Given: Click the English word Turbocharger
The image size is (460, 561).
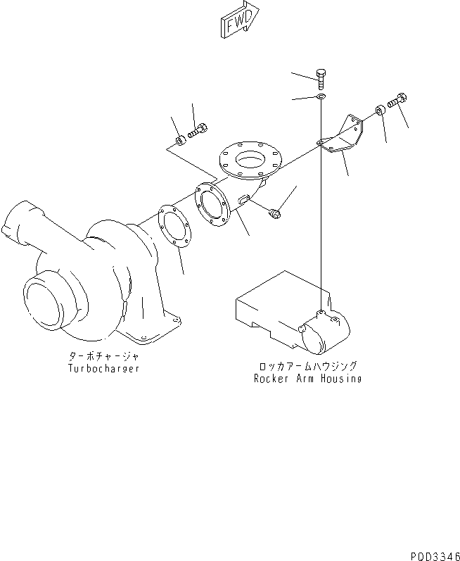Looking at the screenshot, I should coord(103,368).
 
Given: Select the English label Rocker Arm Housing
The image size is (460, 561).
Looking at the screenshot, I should coord(307,379).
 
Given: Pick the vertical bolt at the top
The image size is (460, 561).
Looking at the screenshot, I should coord(321,78).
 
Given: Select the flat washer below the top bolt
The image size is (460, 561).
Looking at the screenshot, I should coord(321,96).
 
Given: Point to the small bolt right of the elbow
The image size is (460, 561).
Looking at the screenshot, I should coord(274,209).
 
